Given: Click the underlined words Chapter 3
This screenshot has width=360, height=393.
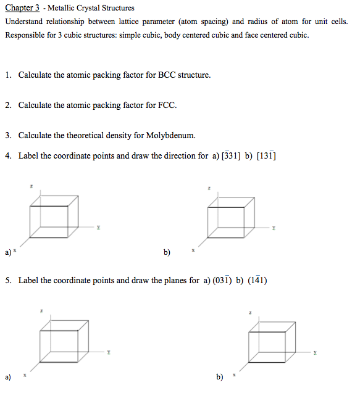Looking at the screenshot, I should click(x=22, y=9).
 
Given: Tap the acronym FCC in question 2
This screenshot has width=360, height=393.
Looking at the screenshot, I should click(x=168, y=105).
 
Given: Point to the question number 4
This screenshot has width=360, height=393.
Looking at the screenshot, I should click(x=8, y=155).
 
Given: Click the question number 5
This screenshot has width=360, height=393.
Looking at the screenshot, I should click(x=8, y=280).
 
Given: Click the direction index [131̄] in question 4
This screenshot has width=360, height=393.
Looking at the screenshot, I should click(x=267, y=155).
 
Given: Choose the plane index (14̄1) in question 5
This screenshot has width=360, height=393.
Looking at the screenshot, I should click(x=257, y=280).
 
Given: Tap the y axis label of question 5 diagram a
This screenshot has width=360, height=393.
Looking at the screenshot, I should click(x=108, y=352).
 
